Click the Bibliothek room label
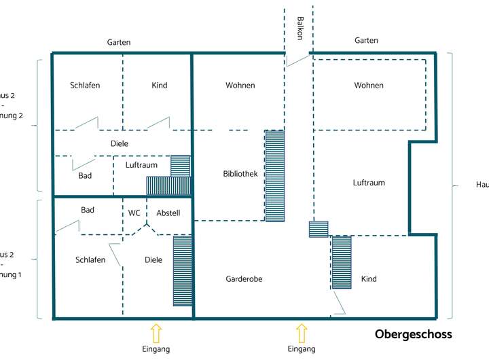pyautogui.click(x=240, y=174)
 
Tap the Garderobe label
pyautogui.click(x=244, y=279)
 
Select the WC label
pyautogui.click(x=134, y=213)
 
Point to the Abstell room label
pyautogui.click(x=168, y=213)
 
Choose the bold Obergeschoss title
pyautogui.click(x=413, y=335)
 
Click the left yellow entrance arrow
pyautogui.click(x=156, y=333)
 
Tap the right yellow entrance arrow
pyautogui.click(x=302, y=333)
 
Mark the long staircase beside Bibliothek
pyautogui.click(x=275, y=175)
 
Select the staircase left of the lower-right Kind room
pyautogui.click(x=342, y=262)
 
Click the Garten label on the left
pyautogui.click(x=119, y=42)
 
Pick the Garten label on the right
pyautogui.click(x=366, y=41)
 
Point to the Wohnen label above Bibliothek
pyautogui.click(x=240, y=86)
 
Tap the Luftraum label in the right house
pyautogui.click(x=369, y=183)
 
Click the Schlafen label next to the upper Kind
pyautogui.click(x=85, y=86)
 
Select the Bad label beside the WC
pyautogui.click(x=88, y=210)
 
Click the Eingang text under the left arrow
pyautogui.click(x=156, y=349)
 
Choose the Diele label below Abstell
pyautogui.click(x=153, y=259)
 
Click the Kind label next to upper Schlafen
pyautogui.click(x=160, y=86)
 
